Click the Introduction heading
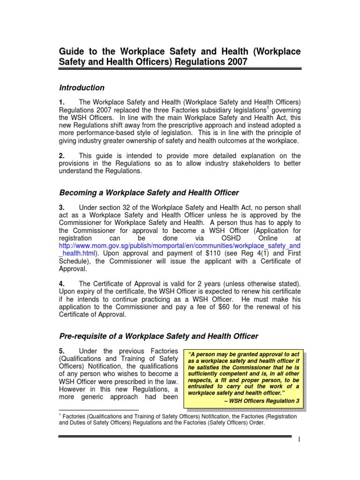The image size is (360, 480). click(82, 88)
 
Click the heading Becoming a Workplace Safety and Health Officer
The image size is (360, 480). click(149, 192)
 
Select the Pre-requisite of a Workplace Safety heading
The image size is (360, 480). click(158, 336)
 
